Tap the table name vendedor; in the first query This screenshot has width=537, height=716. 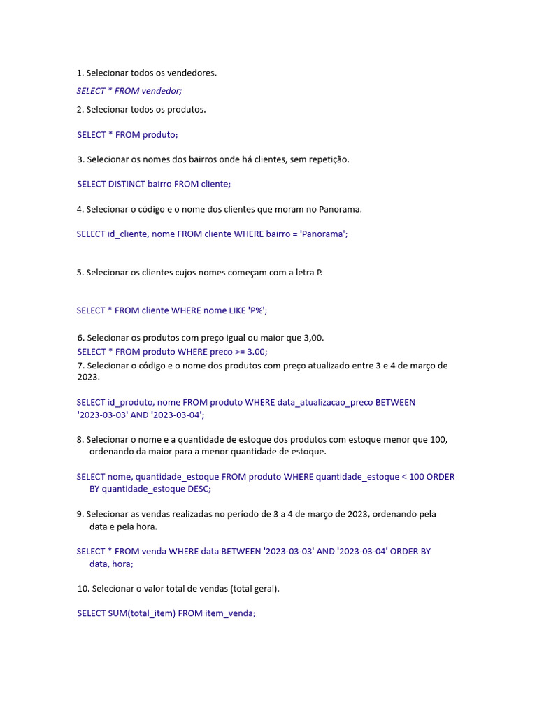coord(162,91)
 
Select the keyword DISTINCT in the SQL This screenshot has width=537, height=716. coord(127,184)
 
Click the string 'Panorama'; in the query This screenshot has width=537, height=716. coord(324,234)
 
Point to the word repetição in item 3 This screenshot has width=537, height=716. coord(326,159)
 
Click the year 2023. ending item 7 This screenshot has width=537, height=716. coord(89,377)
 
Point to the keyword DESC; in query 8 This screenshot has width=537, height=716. coord(198,489)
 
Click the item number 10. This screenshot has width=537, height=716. coord(83,589)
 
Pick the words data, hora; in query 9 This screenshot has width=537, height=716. coord(111,564)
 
